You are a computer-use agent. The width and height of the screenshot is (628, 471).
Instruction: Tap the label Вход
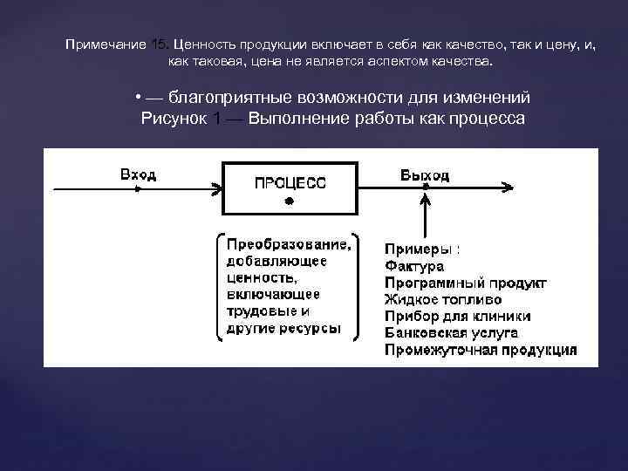click(139, 175)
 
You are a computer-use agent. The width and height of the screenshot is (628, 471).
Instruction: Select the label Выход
click(425, 175)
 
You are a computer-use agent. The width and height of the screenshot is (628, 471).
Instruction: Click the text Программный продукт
click(466, 283)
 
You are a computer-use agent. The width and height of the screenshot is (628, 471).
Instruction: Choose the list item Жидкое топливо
click(442, 299)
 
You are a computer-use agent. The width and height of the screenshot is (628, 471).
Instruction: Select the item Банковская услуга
click(451, 332)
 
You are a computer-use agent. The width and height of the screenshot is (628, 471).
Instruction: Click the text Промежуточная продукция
click(480, 350)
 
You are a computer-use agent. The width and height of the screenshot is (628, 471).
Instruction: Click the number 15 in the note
click(158, 44)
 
